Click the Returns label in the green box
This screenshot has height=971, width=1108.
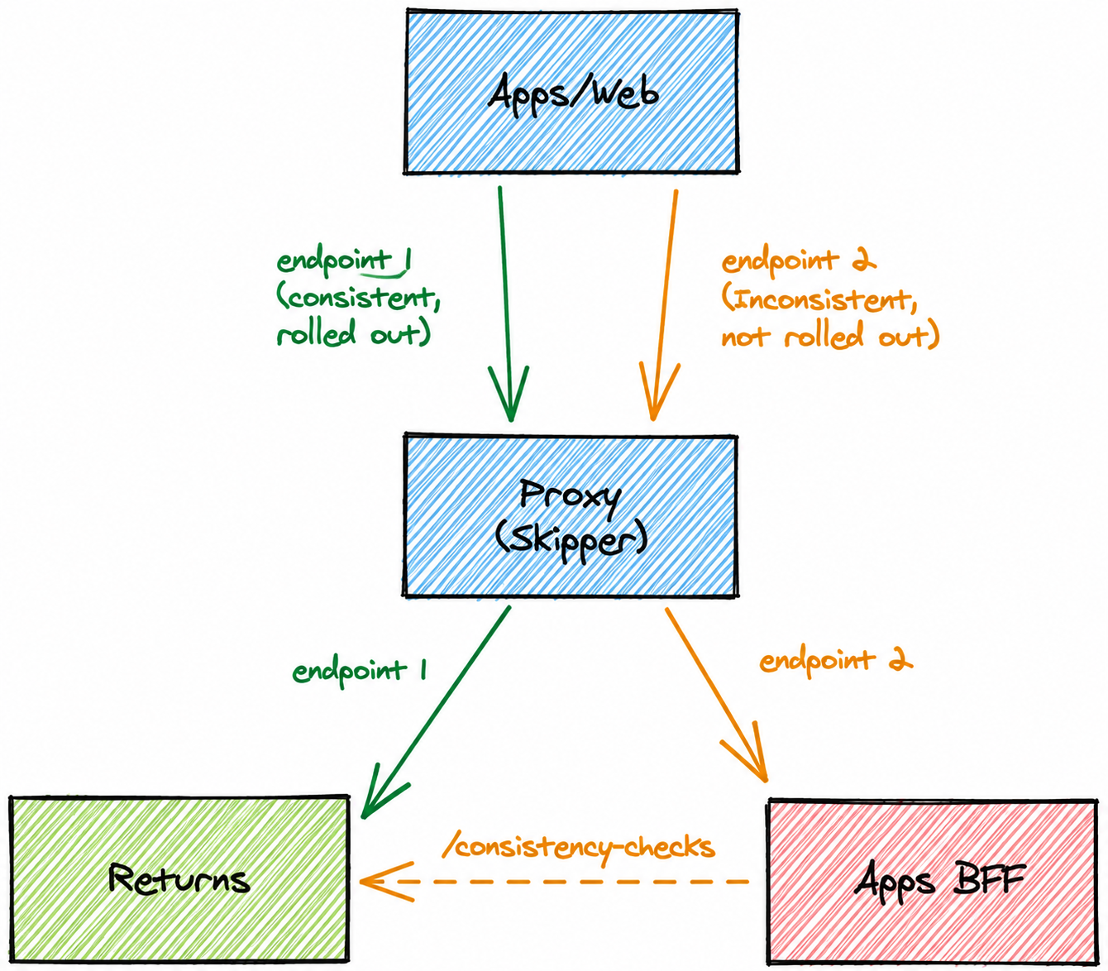click(x=179, y=879)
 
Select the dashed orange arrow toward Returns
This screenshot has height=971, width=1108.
click(x=554, y=882)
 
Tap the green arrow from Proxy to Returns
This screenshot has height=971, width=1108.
click(x=436, y=712)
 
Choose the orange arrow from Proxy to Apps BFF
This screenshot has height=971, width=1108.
click(x=717, y=694)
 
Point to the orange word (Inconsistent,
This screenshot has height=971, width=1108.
click(x=819, y=299)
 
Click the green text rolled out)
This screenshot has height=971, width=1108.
click(x=354, y=332)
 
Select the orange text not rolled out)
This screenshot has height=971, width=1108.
click(x=830, y=335)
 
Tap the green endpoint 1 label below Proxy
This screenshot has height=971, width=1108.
click(x=360, y=671)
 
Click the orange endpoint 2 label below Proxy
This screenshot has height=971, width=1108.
click(x=836, y=661)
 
